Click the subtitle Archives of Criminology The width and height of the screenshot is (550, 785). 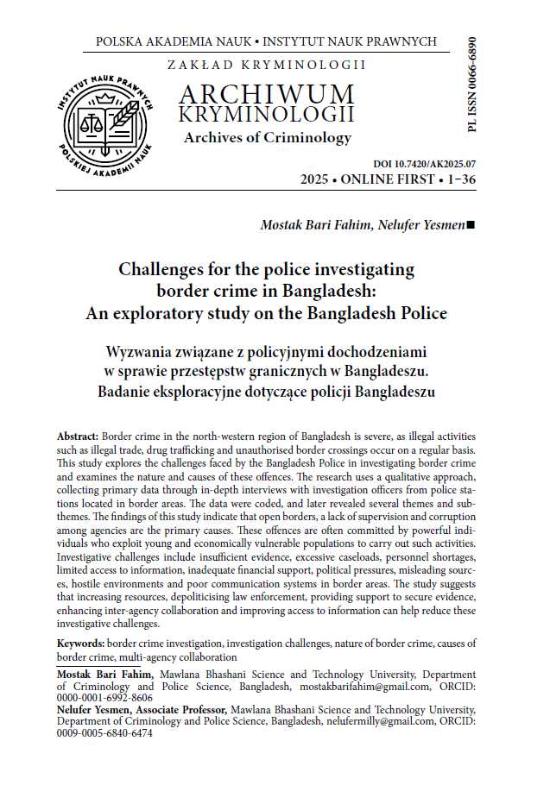pos(267,137)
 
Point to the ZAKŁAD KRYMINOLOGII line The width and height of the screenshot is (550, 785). pos(267,65)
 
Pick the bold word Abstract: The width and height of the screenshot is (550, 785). pos(78,437)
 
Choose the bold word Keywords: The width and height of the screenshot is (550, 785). pos(80,644)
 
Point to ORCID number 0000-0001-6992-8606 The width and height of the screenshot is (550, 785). pos(104,698)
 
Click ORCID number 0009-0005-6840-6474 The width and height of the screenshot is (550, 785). pos(104,732)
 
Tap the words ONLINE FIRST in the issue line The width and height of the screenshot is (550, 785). pos(382,180)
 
